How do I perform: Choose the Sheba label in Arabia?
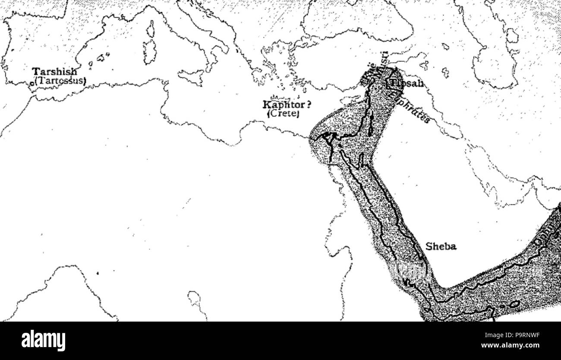441,247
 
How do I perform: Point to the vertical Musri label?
385,60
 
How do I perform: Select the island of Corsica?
151,29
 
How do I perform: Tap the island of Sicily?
191,78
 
